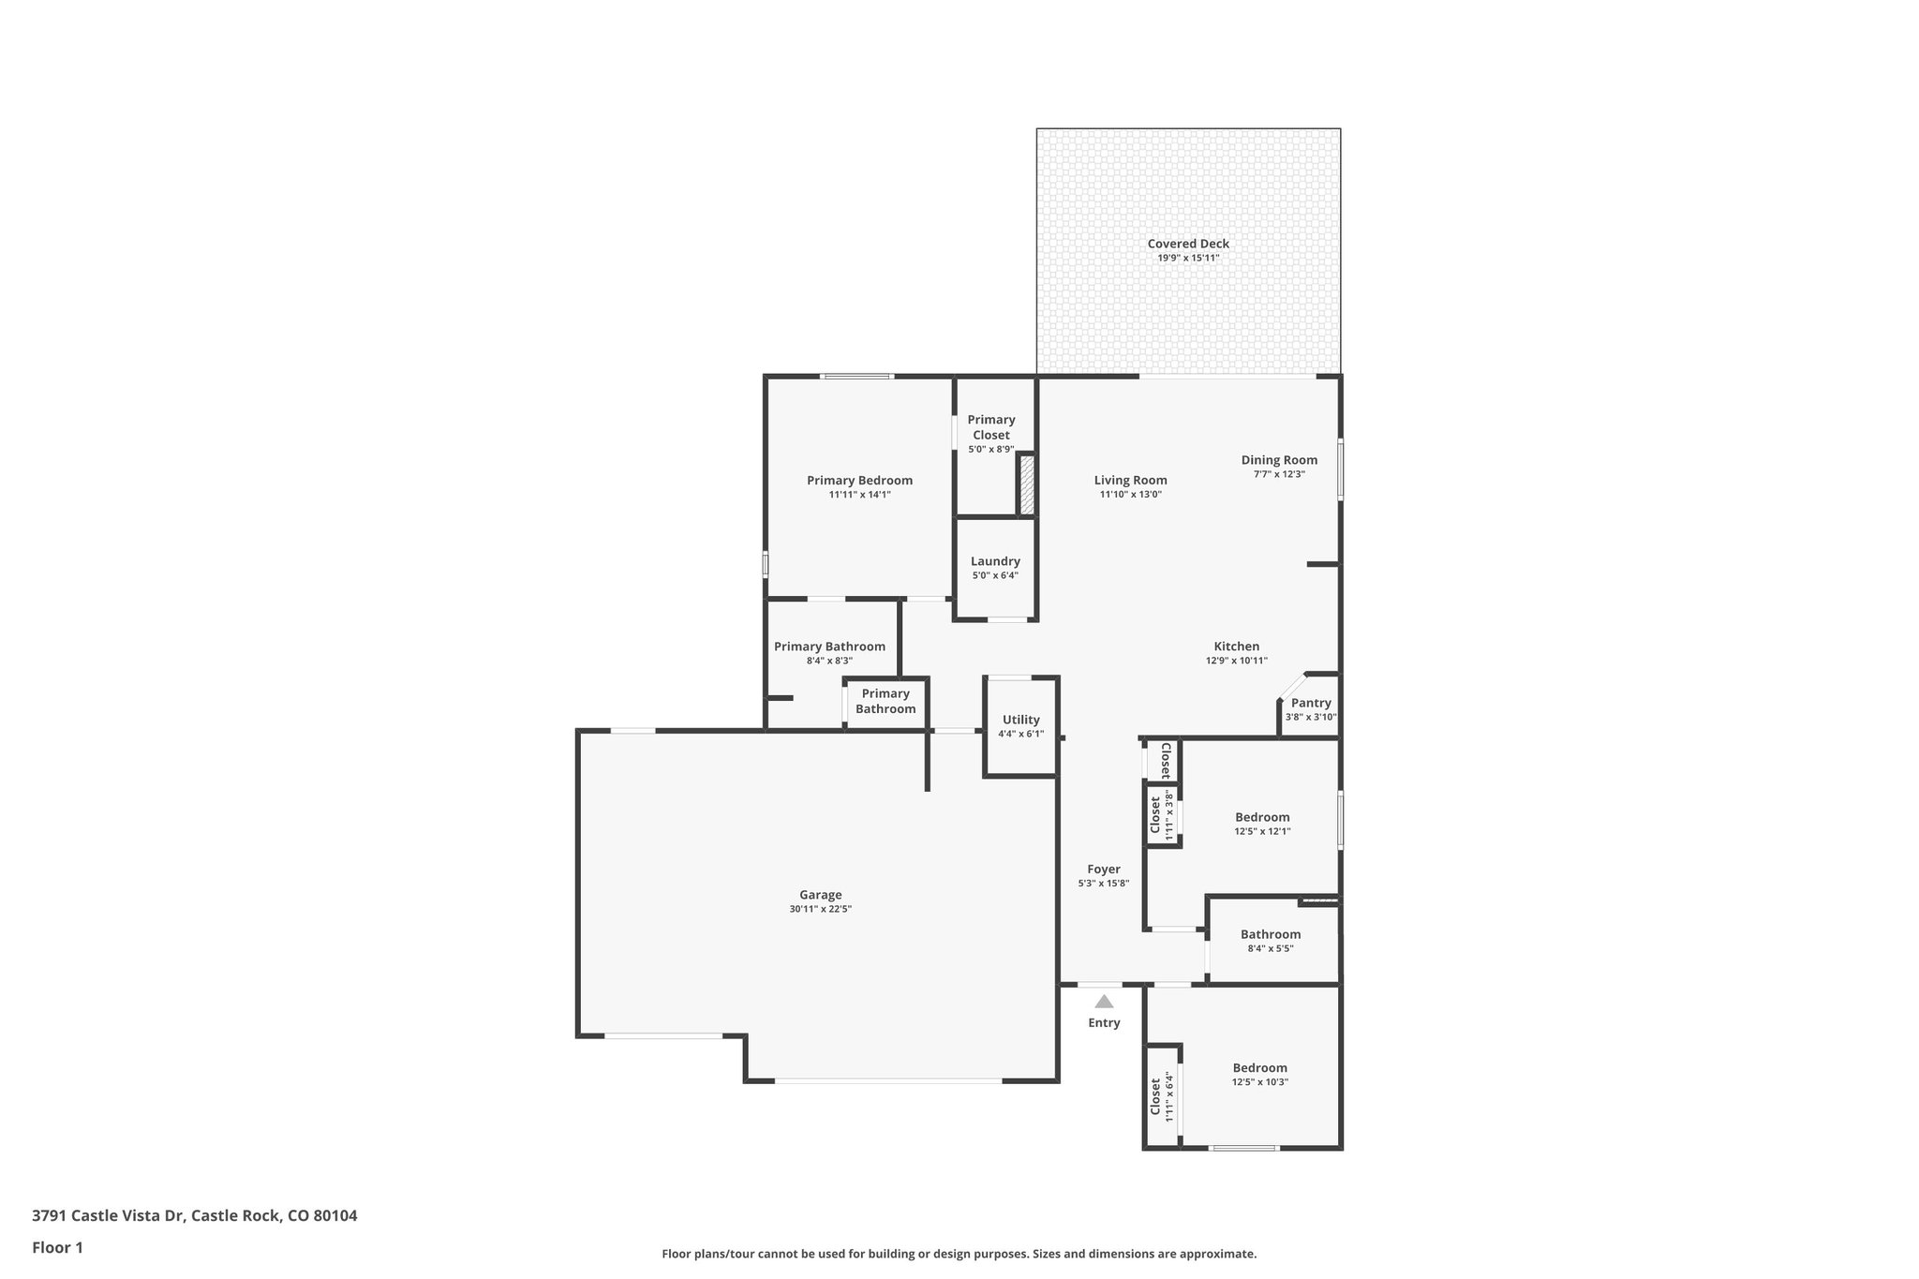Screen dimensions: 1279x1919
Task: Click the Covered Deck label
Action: tap(1188, 244)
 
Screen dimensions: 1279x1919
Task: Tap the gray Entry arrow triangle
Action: tap(1104, 1002)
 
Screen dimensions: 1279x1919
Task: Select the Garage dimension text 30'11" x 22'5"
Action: tap(820, 909)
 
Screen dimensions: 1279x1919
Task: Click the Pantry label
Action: tap(1311, 703)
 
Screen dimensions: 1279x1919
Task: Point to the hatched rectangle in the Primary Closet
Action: tap(1027, 483)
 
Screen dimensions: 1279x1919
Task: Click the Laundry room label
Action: tap(995, 561)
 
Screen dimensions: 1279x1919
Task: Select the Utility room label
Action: tap(1020, 720)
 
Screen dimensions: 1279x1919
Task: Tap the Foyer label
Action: tap(1104, 869)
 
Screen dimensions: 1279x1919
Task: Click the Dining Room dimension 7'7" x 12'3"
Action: tap(1279, 474)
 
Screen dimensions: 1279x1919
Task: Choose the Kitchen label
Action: tap(1236, 646)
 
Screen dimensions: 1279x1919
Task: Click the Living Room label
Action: tap(1130, 480)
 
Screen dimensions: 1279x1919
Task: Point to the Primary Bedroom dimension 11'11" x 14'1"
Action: tap(859, 495)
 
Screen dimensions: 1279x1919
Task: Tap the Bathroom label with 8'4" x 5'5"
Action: tap(1271, 933)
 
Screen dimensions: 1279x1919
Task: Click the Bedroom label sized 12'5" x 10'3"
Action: tap(1259, 1067)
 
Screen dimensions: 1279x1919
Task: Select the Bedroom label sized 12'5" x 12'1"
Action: tap(1262, 817)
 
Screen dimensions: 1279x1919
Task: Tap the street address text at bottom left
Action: tap(195, 1215)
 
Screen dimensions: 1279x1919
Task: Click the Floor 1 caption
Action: tap(58, 1247)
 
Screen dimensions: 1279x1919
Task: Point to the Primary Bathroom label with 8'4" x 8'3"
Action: tap(829, 647)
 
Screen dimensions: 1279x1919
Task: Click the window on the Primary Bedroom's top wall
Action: tap(856, 377)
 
